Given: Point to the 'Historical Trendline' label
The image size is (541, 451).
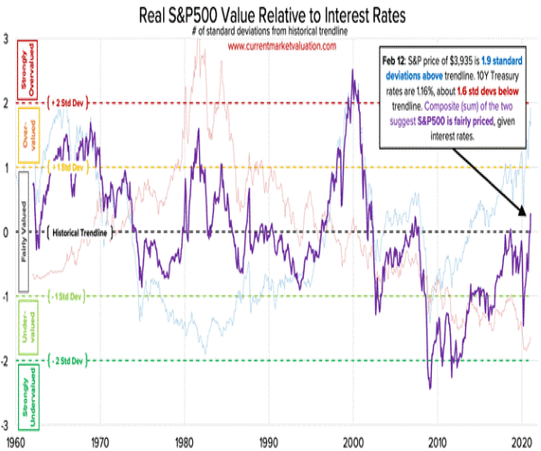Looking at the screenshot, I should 80,233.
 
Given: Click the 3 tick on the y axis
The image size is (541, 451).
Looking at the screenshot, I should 6,40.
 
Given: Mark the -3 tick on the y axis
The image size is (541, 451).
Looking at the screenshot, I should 6,425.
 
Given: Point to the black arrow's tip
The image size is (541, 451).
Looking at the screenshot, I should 528,216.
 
